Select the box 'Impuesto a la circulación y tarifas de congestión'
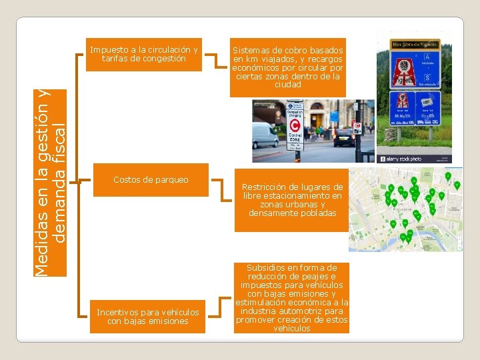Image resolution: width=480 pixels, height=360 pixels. [144, 54]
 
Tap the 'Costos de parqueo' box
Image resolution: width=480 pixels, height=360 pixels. [151, 180]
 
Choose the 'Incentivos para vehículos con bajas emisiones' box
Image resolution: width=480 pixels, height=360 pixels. [147, 317]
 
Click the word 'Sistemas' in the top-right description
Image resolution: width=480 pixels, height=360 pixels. [251, 51]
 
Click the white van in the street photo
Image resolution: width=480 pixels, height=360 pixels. [265, 135]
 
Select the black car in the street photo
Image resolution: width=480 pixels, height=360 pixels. [344, 137]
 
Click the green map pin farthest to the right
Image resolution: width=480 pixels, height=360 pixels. [457, 185]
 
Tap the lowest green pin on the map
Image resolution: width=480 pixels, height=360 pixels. [403, 237]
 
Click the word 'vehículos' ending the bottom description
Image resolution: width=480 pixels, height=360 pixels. [292, 329]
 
